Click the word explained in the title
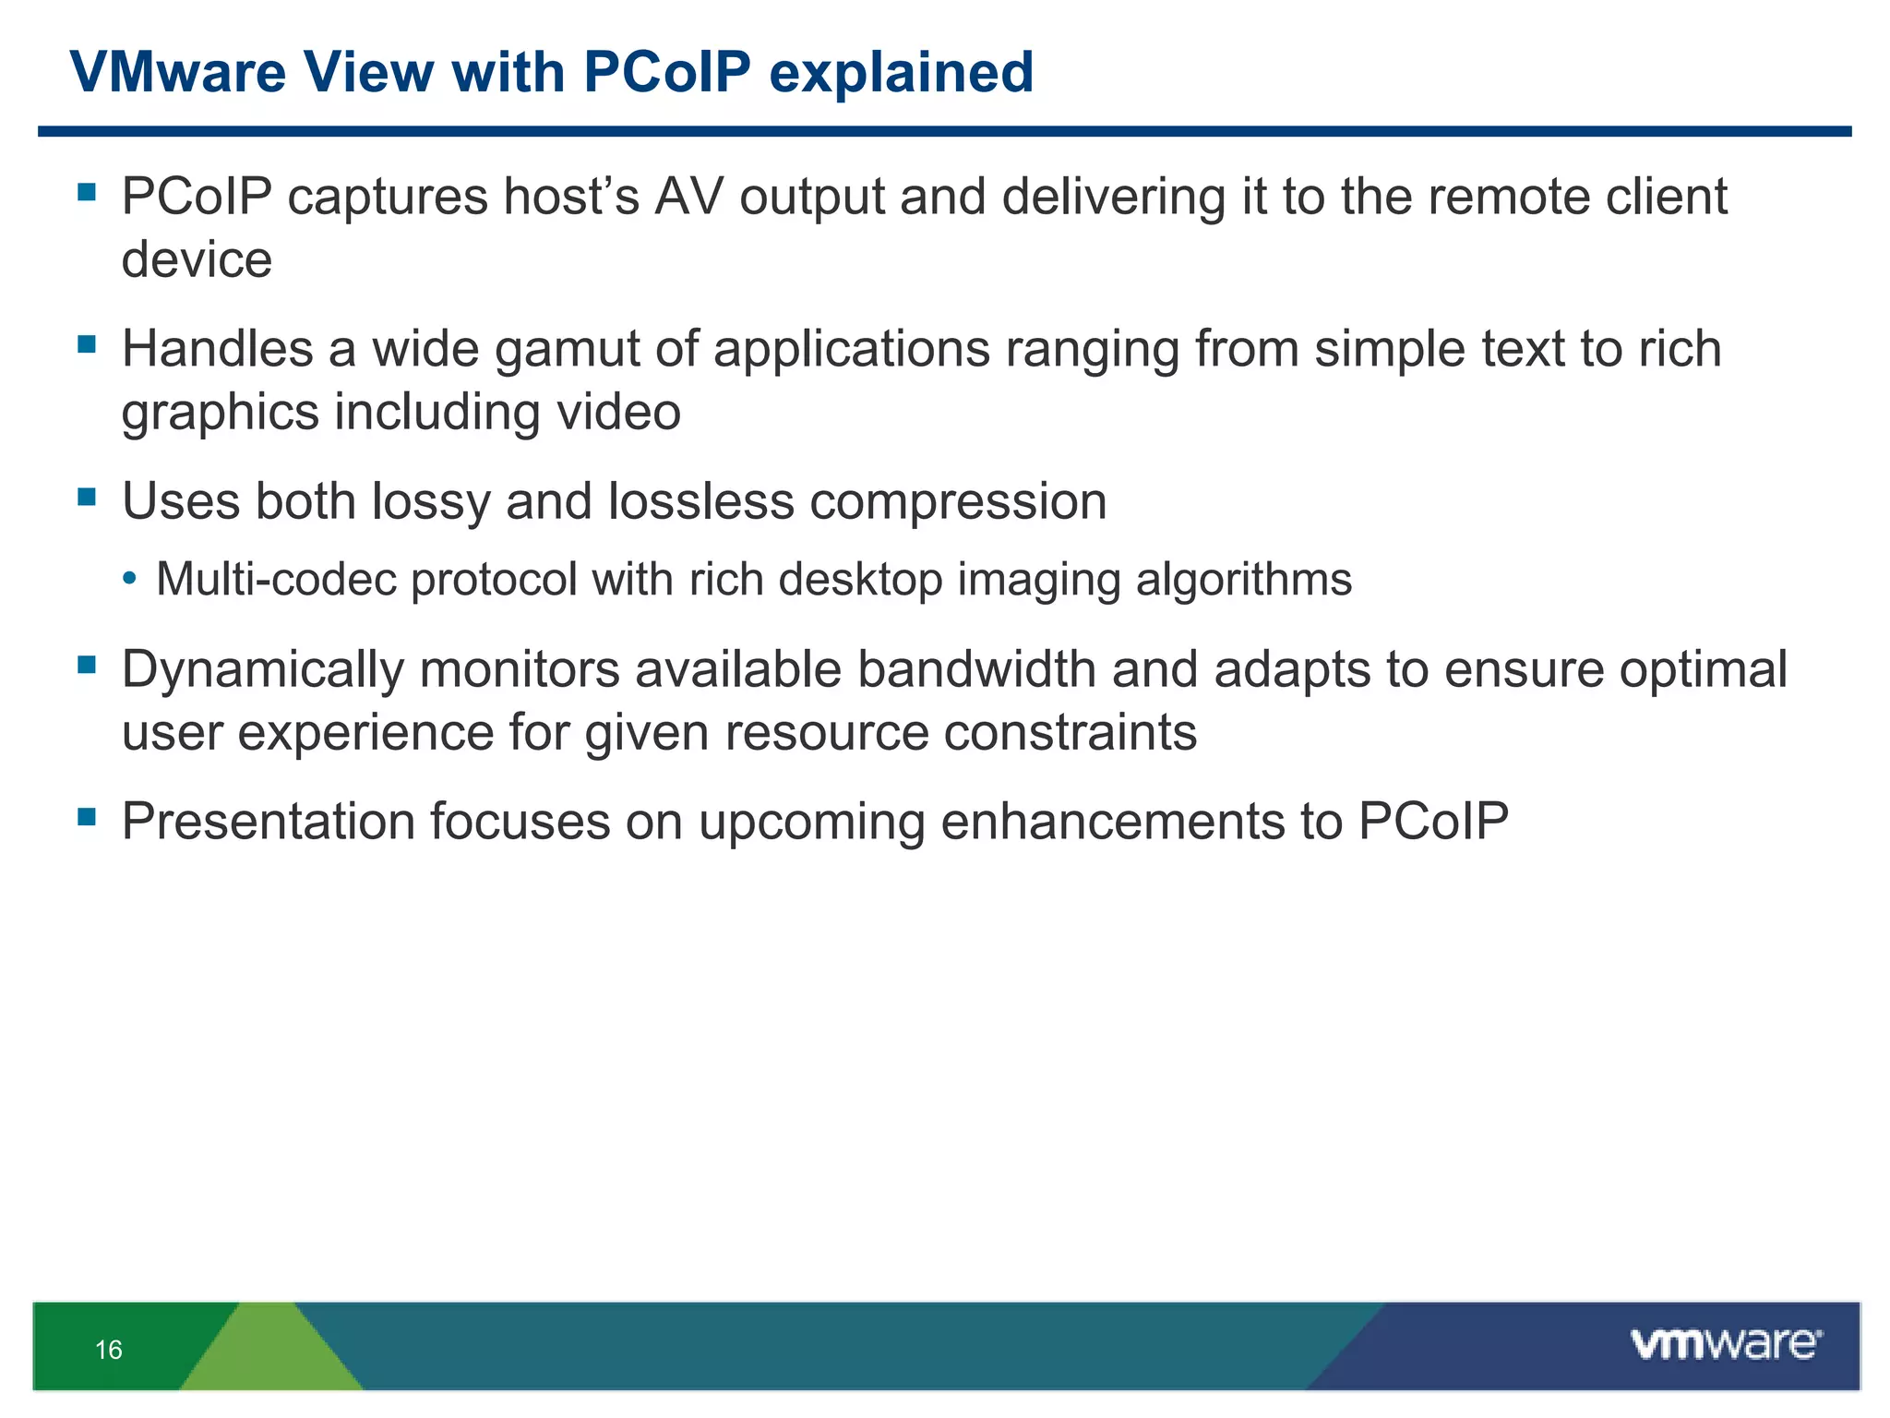pyautogui.click(x=901, y=73)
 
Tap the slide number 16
pyautogui.click(x=108, y=1350)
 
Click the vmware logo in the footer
pyautogui.click(x=1726, y=1343)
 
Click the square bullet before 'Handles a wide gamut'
pyautogui.click(x=88, y=345)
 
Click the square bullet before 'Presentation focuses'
pyautogui.click(x=88, y=817)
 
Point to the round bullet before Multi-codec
pyautogui.click(x=130, y=579)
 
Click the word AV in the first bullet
pyautogui.click(x=688, y=197)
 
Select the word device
pyautogui.click(x=197, y=259)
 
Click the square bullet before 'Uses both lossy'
pyautogui.click(x=88, y=498)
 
